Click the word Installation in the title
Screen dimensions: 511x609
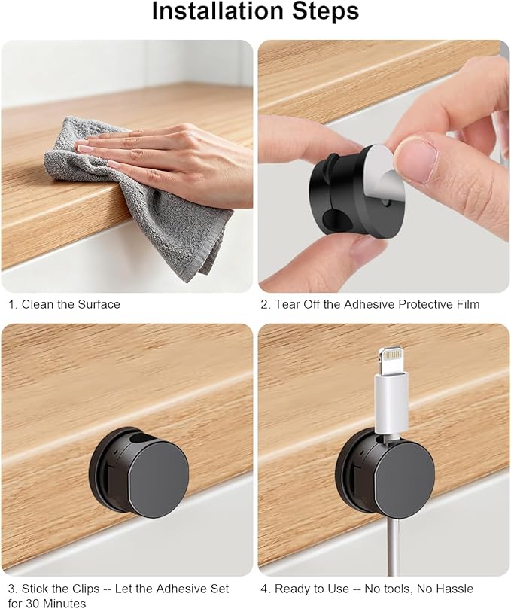pyautogui.click(x=218, y=11)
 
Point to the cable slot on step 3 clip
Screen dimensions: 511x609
pyautogui.click(x=136, y=440)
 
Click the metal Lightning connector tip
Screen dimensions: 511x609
pyautogui.click(x=392, y=361)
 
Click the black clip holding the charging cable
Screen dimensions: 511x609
pyautogui.click(x=385, y=473)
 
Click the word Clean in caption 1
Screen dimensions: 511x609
pyautogui.click(x=38, y=304)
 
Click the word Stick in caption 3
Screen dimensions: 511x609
pyautogui.click(x=35, y=589)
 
